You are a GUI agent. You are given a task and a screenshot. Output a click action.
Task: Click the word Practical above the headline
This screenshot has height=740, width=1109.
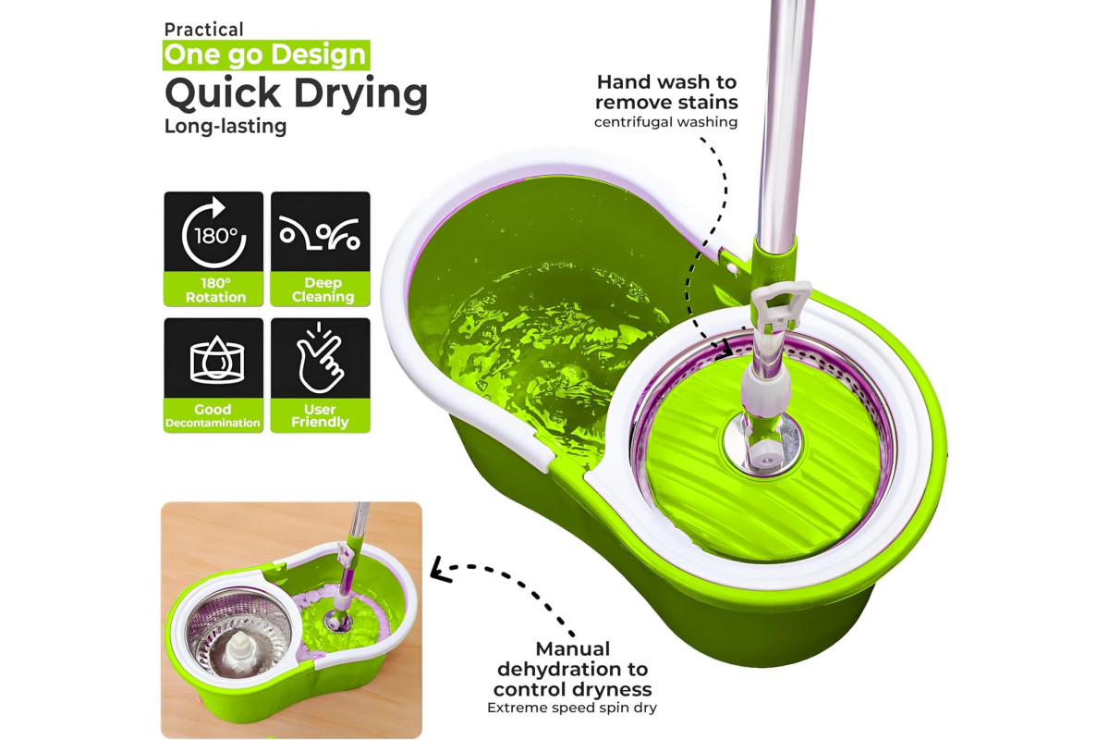203,30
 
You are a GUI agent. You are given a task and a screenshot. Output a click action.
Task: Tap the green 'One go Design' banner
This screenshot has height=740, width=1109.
266,55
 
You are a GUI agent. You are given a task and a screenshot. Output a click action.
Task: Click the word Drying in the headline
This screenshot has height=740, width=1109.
361,94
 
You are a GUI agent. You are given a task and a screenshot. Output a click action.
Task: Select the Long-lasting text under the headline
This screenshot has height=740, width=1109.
225,126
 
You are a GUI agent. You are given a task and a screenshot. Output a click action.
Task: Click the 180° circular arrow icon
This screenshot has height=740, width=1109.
213,232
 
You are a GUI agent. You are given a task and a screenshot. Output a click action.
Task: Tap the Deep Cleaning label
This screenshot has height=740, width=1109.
323,290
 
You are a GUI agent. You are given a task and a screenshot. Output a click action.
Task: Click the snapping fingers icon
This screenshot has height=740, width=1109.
320,357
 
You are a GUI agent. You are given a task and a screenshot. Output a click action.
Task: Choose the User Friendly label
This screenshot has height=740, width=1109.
320,415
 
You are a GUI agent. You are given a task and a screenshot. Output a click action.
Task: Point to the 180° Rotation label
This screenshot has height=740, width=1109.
216,290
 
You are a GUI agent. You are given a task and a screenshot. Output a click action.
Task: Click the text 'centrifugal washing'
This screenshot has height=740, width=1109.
666,122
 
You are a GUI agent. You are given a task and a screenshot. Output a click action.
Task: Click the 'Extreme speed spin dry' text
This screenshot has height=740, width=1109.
572,708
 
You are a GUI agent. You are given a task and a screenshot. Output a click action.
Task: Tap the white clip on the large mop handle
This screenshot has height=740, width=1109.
780,307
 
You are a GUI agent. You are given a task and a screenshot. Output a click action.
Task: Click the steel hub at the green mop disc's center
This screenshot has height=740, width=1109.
761,444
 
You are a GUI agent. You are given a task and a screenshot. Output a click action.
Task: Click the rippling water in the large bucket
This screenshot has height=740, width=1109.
540,347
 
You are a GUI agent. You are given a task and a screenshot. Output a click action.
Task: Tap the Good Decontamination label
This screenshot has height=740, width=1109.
213,415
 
